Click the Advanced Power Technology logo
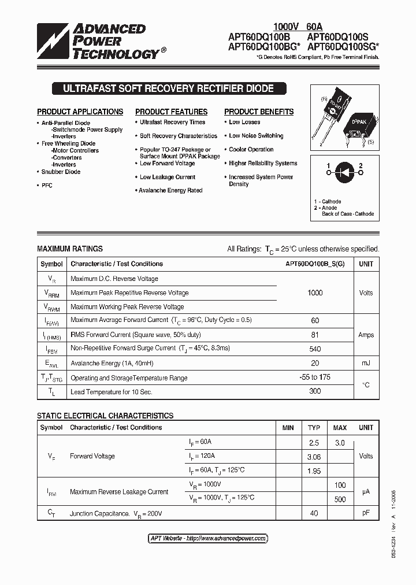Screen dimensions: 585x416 tap(98, 41)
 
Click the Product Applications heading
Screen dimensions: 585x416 tap(80, 112)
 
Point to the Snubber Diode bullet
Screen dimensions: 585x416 tap(61, 172)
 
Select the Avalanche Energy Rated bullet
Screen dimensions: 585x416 tap(170, 190)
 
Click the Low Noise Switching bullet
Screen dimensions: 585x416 tap(255, 136)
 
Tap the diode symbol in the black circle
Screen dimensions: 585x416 tap(344, 172)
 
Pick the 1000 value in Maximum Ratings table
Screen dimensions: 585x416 tap(315, 292)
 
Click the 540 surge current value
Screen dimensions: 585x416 tap(315, 348)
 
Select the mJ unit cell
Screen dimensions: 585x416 tap(366, 362)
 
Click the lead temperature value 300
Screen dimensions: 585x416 tap(315, 391)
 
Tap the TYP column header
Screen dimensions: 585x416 tap(314, 428)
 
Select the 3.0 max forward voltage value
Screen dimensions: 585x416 tap(340, 443)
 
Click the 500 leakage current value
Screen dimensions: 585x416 tap(340, 499)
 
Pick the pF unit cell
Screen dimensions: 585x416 tap(366, 513)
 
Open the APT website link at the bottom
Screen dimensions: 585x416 tap(208, 538)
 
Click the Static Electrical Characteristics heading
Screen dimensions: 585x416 tap(105, 416)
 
